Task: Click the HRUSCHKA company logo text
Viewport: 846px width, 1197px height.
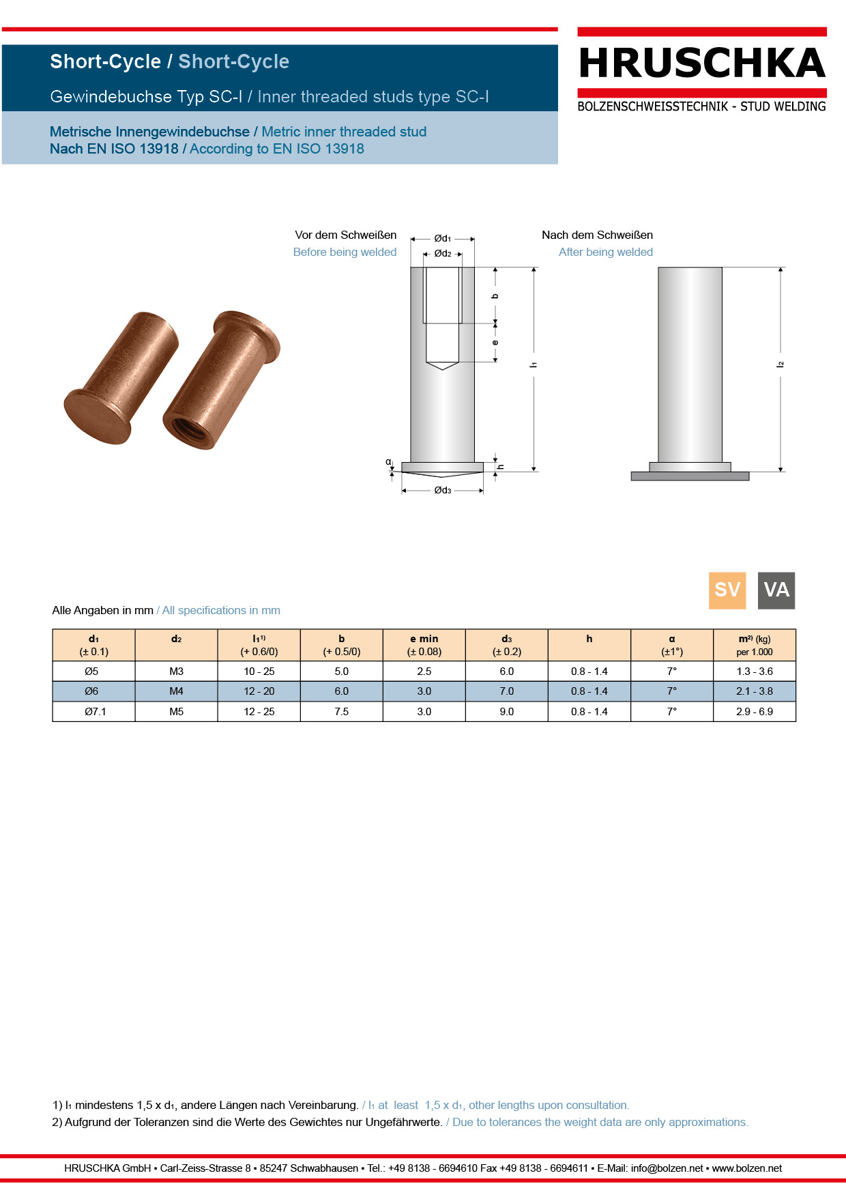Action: (702, 63)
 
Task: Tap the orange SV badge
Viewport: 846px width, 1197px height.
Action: (727, 590)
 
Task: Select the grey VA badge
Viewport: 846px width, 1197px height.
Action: (776, 590)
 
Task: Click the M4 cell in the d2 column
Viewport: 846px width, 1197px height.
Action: (176, 691)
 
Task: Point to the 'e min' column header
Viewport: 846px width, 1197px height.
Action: (424, 639)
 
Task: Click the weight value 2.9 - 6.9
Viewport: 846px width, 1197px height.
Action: (755, 712)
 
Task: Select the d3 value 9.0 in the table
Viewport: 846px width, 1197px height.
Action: (507, 712)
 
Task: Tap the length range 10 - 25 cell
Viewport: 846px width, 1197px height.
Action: (259, 672)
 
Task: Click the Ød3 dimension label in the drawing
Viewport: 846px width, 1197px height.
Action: (443, 490)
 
